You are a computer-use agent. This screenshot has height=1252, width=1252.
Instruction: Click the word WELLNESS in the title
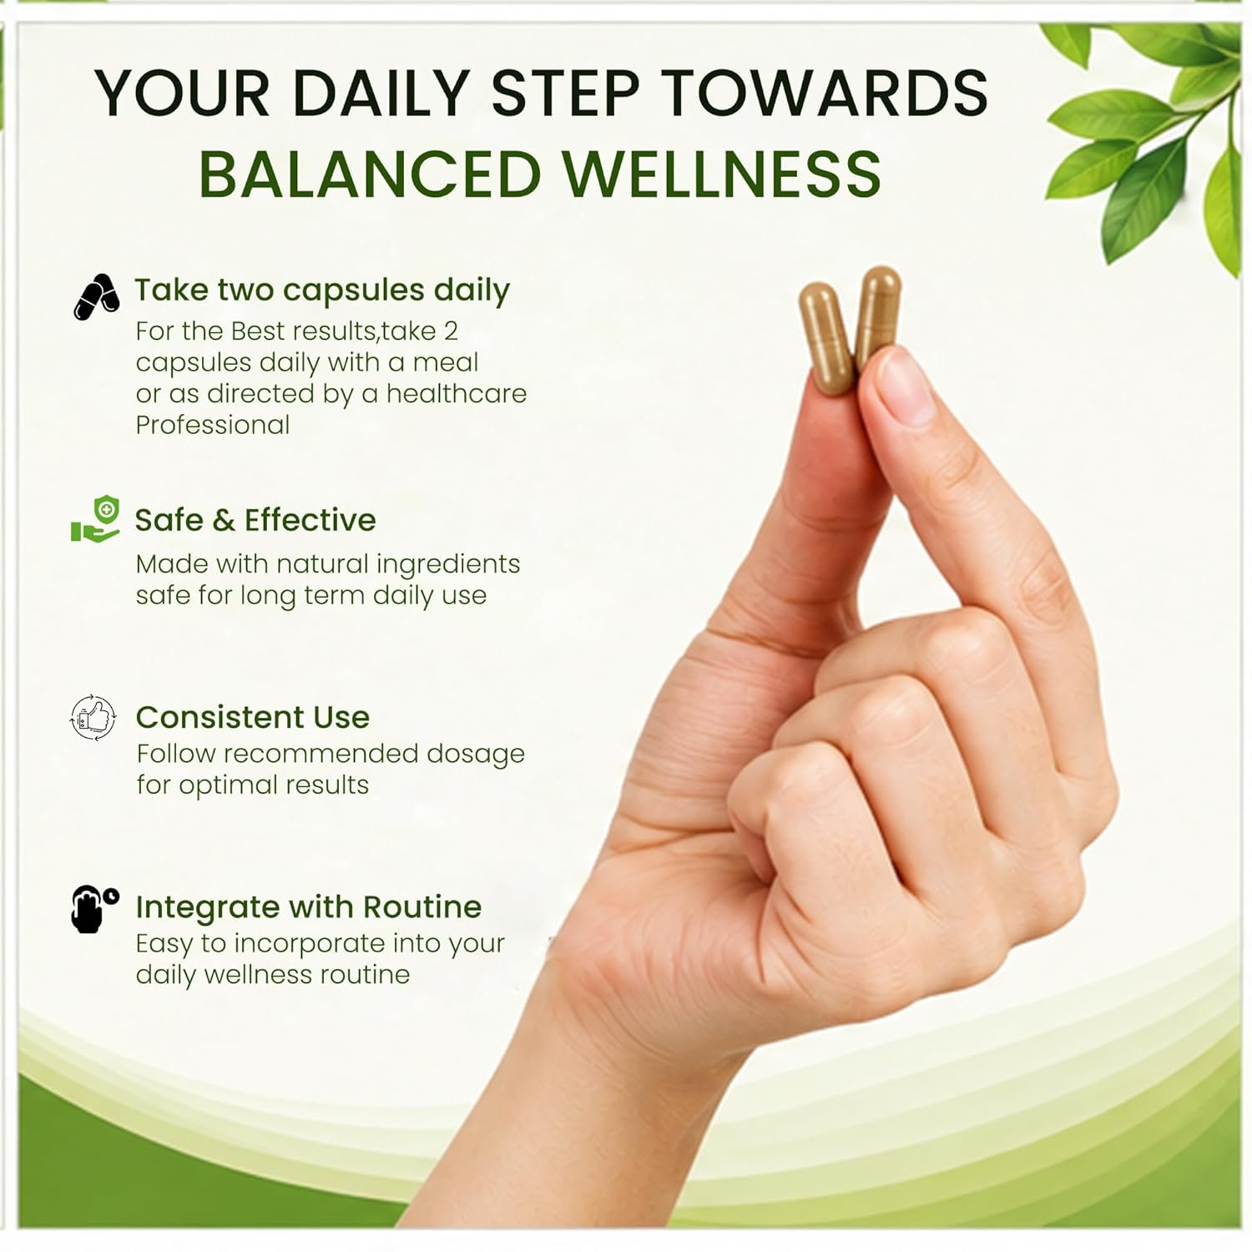click(722, 174)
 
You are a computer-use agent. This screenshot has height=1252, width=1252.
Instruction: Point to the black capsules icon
click(96, 296)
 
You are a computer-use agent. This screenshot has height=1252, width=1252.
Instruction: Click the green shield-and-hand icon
click(96, 519)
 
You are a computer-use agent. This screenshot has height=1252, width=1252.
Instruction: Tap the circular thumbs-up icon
click(93, 717)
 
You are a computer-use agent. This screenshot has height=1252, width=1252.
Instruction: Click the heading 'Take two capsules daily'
click(322, 290)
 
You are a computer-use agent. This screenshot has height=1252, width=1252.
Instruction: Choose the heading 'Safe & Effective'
click(255, 520)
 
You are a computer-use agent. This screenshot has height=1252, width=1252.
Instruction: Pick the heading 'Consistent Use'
click(252, 717)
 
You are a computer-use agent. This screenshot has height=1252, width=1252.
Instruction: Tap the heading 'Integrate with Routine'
click(308, 906)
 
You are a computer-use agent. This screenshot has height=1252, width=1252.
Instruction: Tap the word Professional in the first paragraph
click(213, 425)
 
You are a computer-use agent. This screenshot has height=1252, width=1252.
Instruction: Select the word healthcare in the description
click(457, 393)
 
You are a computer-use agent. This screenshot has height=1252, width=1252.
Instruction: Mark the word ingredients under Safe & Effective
click(448, 565)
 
